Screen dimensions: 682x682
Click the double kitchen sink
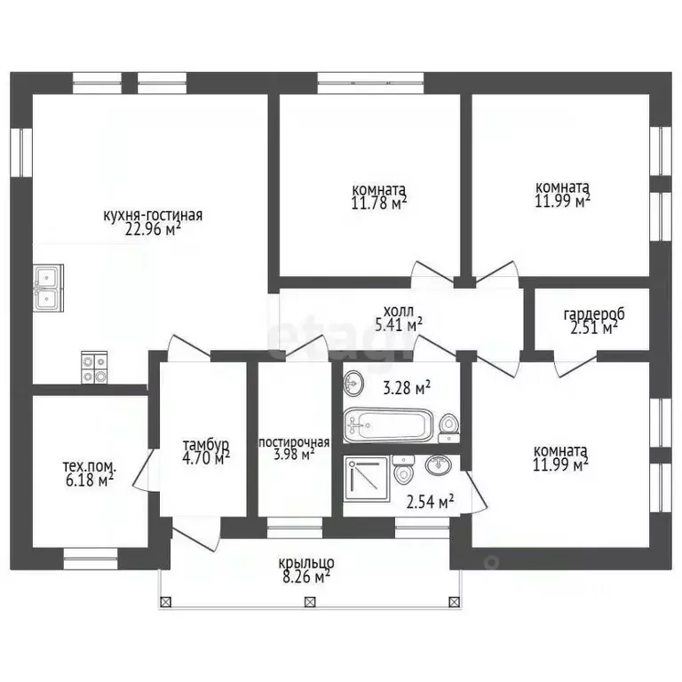tap(48, 288)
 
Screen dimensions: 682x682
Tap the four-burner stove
tap(94, 368)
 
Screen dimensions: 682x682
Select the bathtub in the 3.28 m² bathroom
tap(388, 424)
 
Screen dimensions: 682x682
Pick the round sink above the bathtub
tap(353, 384)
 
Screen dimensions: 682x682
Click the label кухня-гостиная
tap(153, 215)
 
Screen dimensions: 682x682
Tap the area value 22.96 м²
tap(153, 228)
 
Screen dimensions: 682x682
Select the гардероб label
tap(594, 313)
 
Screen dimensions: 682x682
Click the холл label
tap(399, 312)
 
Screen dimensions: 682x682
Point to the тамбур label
tap(206, 445)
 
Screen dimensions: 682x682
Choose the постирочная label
tap(294, 443)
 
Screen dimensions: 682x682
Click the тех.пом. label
tap(90, 467)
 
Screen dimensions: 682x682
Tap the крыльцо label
tap(306, 562)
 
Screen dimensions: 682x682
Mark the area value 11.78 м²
tap(379, 202)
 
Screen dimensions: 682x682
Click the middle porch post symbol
tap(309, 602)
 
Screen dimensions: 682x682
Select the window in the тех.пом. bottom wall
tap(91, 559)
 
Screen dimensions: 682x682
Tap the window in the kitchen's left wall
tap(21, 152)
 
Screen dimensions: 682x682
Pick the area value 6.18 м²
tap(88, 480)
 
